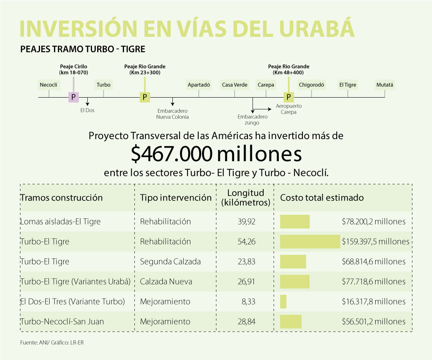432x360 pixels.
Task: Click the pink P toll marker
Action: coord(73,97)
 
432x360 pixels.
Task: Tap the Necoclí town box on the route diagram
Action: coord(48,85)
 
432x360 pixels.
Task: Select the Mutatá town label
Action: coord(385,85)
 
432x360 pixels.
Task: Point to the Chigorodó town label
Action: coord(311,85)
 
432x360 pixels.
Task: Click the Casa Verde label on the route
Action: coord(235,85)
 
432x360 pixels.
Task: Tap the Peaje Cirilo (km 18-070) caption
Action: coord(74,69)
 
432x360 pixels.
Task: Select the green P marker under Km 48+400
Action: coord(288,97)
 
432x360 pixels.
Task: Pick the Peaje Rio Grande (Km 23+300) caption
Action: coord(145,69)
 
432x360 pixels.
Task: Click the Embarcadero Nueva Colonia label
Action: coord(172,114)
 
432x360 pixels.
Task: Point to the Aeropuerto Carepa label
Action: coord(289,109)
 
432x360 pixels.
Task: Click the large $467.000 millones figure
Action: coord(216,154)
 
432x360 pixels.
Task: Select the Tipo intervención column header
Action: coord(176,198)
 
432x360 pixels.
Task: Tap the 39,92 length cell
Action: coord(247,222)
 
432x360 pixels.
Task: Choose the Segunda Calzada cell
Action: coord(170,262)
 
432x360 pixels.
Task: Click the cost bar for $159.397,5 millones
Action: coord(310,242)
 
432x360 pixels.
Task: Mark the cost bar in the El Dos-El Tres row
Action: coord(283,302)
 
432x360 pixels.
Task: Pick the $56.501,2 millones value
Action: coord(374,322)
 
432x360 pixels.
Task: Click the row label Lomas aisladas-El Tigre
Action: coord(60,222)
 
